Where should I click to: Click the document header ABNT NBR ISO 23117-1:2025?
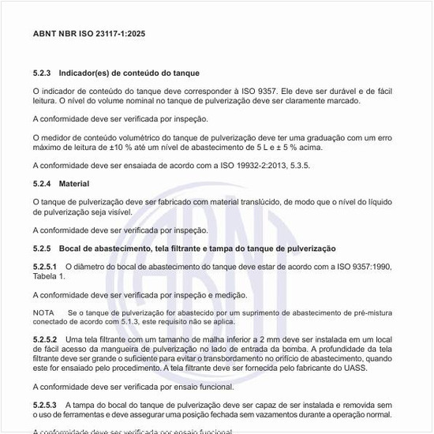(x=88, y=34)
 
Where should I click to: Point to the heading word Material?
(x=75, y=183)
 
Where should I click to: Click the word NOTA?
(x=43, y=313)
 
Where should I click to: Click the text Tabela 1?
(x=49, y=276)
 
